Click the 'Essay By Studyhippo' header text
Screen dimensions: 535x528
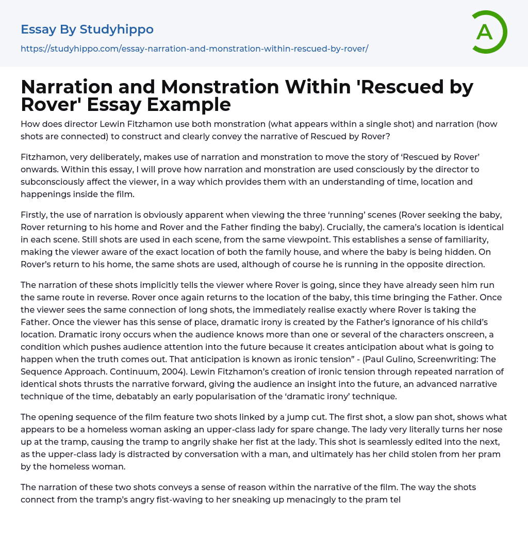(87, 29)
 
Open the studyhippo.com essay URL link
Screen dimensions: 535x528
(194, 48)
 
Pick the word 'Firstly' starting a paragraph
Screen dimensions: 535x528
(34, 215)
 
